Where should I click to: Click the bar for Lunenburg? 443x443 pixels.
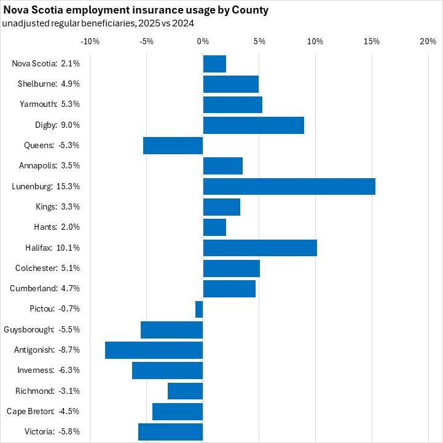[289, 186]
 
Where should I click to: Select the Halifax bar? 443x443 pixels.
[260, 248]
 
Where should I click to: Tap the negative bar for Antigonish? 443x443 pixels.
[154, 350]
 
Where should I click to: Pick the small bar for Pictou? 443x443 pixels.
[199, 309]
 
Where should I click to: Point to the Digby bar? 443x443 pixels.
[253, 125]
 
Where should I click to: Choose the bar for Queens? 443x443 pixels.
[173, 146]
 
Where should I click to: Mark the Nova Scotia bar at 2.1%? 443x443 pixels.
[214, 64]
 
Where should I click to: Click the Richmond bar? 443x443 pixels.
[185, 391]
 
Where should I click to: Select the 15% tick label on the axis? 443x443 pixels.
[371, 41]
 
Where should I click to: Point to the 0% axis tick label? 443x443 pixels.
[203, 41]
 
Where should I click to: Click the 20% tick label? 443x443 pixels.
[428, 41]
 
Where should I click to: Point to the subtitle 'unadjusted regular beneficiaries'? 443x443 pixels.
[67, 23]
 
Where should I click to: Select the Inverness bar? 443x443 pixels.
[167, 370]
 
